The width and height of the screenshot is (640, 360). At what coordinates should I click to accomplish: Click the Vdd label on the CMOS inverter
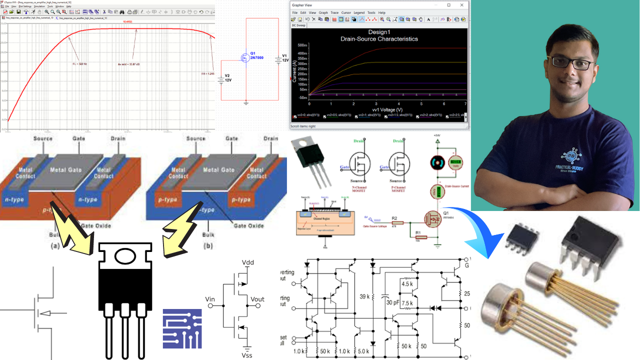[x=248, y=263]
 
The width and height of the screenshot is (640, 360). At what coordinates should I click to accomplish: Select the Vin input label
[x=210, y=299]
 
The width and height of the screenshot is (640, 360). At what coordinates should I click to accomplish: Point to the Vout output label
[x=257, y=299]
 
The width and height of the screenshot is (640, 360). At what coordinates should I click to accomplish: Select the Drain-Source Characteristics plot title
[x=379, y=38]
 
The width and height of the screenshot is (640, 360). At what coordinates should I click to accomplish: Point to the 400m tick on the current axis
[x=302, y=52]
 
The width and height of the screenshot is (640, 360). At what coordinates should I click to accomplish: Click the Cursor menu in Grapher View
[x=346, y=12]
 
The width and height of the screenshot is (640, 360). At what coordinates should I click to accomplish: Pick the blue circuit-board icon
[x=182, y=328]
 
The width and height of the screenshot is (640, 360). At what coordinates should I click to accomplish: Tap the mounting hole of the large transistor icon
[x=125, y=256]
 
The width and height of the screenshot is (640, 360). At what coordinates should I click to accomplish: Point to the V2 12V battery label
[x=227, y=77]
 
